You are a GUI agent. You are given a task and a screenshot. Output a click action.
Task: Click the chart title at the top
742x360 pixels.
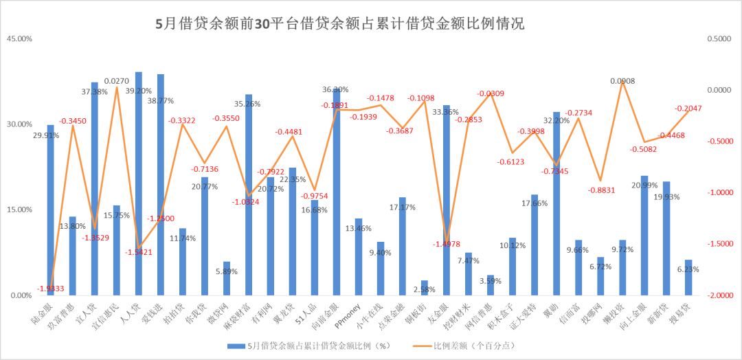click(341, 24)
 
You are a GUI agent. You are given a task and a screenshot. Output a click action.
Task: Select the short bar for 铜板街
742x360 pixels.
click(425, 288)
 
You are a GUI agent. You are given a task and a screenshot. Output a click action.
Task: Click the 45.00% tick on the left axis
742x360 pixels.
click(19, 39)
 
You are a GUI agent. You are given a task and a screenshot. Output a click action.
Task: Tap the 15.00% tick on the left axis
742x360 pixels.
click(19, 210)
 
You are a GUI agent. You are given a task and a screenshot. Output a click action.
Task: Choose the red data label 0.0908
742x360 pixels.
click(622, 81)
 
